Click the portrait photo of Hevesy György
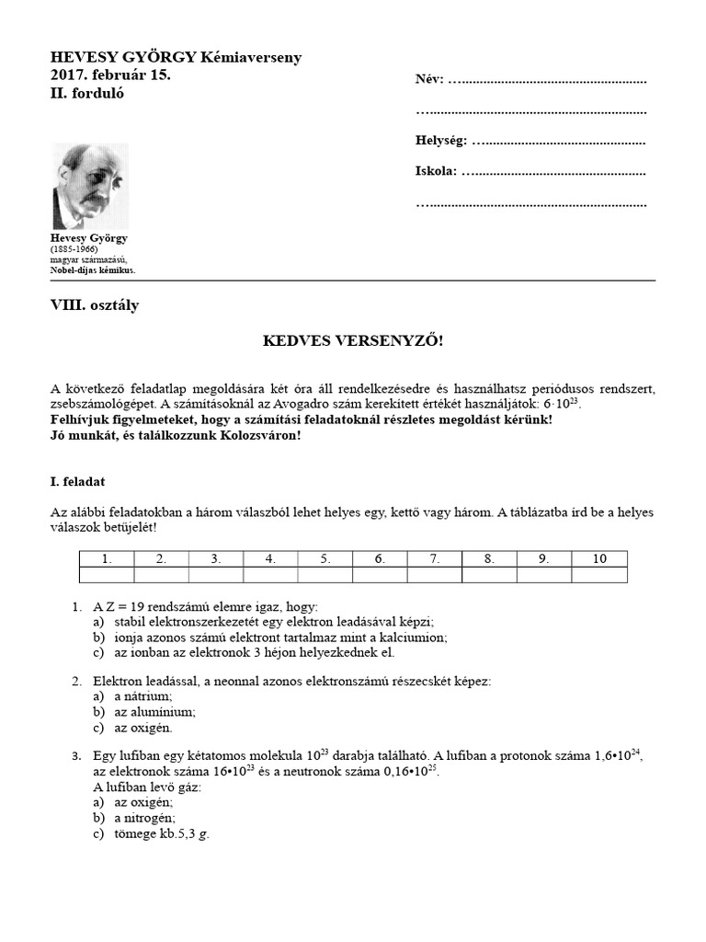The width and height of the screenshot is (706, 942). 89,187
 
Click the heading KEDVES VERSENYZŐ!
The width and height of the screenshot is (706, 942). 354,341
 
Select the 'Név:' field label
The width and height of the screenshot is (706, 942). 429,79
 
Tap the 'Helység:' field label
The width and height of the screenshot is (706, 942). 441,142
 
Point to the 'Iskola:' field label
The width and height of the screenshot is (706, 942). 436,172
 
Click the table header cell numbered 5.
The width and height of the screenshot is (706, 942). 325,558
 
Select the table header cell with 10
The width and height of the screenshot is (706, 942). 599,558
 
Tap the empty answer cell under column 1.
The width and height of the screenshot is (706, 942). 107,575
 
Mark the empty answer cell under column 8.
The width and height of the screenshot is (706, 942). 489,575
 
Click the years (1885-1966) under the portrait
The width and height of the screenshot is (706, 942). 76,249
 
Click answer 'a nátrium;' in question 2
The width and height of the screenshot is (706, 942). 137,697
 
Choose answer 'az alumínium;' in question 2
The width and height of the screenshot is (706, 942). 144,712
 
